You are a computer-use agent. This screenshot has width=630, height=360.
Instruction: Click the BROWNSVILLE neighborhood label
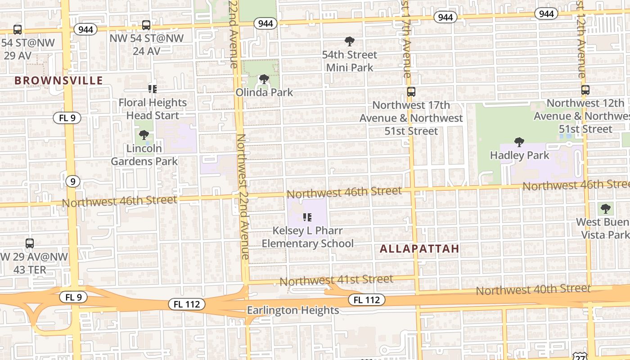tap(59, 81)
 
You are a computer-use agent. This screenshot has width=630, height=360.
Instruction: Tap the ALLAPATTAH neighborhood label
tap(419, 248)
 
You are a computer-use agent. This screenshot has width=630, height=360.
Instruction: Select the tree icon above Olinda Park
tap(264, 80)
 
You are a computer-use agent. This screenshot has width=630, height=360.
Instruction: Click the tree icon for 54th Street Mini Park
tap(349, 42)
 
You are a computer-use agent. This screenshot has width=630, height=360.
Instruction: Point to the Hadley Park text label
tap(519, 155)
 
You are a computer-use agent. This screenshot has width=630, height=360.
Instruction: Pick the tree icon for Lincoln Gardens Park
tap(144, 135)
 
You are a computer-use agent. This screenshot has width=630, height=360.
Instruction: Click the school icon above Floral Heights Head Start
tap(153, 89)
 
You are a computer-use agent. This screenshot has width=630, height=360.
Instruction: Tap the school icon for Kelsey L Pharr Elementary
tap(307, 218)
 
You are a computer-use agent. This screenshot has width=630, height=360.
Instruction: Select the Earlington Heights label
tap(293, 310)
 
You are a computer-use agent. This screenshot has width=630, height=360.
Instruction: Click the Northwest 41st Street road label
tap(336, 280)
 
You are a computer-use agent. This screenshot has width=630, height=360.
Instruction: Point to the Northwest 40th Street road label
tap(533, 289)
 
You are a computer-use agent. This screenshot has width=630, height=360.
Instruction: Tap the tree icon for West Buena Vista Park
tap(606, 209)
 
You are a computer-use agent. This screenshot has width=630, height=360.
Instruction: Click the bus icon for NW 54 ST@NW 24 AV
tap(146, 25)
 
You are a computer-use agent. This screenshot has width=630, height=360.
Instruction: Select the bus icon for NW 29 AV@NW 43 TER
tap(30, 243)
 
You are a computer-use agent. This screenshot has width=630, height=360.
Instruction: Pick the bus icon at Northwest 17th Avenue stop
tap(411, 92)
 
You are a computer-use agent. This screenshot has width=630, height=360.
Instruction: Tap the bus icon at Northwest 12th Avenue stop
tap(585, 90)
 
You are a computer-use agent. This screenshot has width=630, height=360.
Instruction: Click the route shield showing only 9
tap(72, 181)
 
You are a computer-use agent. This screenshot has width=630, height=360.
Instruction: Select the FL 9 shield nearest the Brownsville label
tap(67, 118)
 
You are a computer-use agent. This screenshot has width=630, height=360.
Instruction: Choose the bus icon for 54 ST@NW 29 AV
tap(18, 30)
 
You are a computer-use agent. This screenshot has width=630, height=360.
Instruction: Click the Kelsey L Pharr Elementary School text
tap(308, 237)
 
